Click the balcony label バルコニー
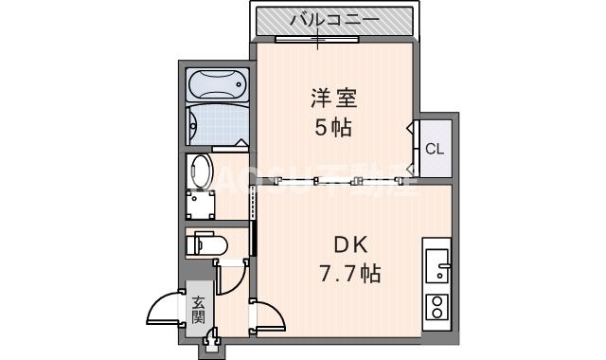pyautogui.click(x=334, y=19)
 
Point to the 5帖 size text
pyautogui.click(x=333, y=128)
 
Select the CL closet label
pyautogui.click(x=434, y=149)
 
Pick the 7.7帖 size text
pyautogui.click(x=349, y=275)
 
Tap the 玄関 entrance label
pyautogui.click(x=199, y=310)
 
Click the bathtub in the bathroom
pyautogui.click(x=216, y=86)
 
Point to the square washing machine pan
pyautogui.click(x=201, y=204)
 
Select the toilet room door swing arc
pyautogui.click(x=230, y=278)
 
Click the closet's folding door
pyautogui.click(x=414, y=147)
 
